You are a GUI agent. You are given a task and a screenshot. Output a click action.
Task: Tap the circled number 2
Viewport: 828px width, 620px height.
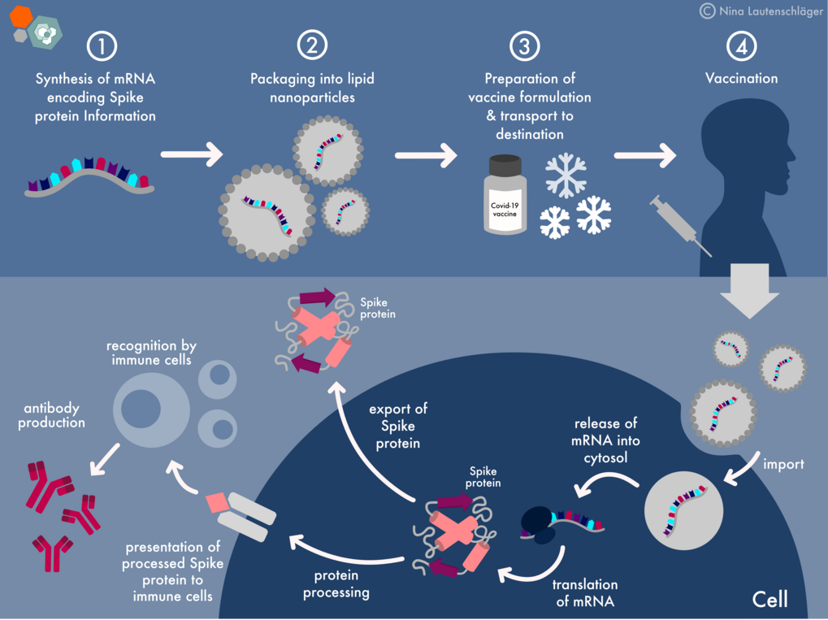(x=312, y=46)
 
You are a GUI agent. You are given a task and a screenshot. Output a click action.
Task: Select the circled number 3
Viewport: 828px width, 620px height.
(x=524, y=46)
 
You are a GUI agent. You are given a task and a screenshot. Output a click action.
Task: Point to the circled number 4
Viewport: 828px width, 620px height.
(x=741, y=46)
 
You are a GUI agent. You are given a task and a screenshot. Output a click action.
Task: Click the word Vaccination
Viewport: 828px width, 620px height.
(x=741, y=79)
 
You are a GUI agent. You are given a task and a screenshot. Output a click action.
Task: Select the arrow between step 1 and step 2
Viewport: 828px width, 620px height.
(x=192, y=153)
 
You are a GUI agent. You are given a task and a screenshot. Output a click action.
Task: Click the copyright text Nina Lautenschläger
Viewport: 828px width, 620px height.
(x=762, y=11)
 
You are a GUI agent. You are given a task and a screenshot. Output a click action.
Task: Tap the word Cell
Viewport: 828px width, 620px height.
(x=769, y=600)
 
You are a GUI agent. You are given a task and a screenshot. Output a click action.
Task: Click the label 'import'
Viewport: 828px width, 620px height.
(x=782, y=465)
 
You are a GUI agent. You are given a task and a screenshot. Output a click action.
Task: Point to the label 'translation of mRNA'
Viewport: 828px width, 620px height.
(x=585, y=593)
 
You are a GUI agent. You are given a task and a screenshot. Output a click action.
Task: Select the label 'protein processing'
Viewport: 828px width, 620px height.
(x=336, y=584)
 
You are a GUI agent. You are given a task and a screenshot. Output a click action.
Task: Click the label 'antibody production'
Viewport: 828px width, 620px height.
(x=51, y=415)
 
